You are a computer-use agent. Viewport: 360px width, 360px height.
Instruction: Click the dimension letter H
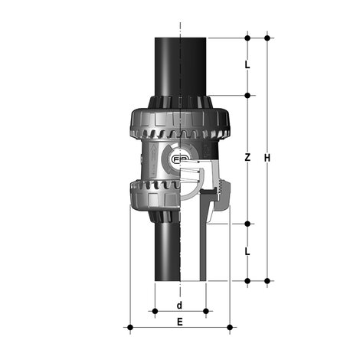tap(267, 158)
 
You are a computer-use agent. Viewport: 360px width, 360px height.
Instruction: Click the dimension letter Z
tap(247, 158)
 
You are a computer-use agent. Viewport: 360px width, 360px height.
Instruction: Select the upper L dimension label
tap(247, 65)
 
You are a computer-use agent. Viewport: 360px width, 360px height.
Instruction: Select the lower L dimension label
tap(247, 251)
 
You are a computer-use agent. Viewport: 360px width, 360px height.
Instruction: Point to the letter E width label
tap(179, 322)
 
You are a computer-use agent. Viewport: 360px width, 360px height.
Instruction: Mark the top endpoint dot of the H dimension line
tap(267, 37)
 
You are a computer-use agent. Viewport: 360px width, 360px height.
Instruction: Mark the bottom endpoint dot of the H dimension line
tap(267, 281)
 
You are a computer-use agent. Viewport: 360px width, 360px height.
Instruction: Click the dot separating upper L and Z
tap(247, 96)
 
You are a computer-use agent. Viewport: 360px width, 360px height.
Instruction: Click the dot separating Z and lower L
tap(247, 224)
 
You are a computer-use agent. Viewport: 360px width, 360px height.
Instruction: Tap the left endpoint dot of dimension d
tap(155, 311)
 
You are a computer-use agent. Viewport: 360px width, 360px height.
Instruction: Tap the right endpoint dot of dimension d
tap(206, 311)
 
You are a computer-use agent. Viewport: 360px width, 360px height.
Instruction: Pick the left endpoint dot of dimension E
tap(129, 329)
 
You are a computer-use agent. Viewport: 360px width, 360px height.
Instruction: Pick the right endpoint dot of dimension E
tap(231, 329)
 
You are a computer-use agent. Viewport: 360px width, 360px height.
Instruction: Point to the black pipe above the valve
tap(179, 65)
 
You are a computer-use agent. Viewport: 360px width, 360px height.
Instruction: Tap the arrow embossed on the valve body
tap(152, 162)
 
